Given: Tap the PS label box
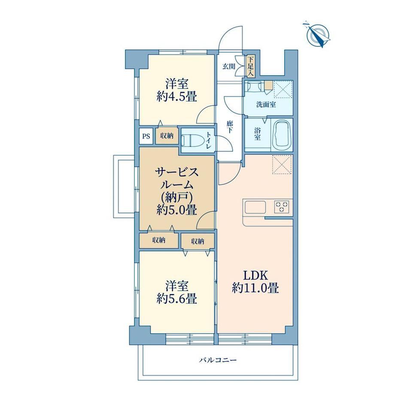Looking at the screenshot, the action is (x=146, y=136).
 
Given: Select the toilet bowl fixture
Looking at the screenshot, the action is (x=193, y=140).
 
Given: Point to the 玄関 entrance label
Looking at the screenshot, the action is (x=229, y=66).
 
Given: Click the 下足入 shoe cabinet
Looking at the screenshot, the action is (x=251, y=67).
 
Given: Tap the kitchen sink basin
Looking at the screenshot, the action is (x=255, y=207).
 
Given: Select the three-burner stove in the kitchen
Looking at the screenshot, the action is (x=282, y=207).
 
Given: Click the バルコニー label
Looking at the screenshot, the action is (x=218, y=360).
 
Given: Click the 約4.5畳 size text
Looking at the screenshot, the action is (x=176, y=97).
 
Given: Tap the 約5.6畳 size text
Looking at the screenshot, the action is (x=176, y=299).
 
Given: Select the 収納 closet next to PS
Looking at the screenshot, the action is (x=167, y=136).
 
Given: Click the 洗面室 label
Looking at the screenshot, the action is (x=266, y=104).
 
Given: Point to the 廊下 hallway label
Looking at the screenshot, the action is (x=230, y=127).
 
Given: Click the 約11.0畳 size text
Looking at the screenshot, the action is (x=255, y=288).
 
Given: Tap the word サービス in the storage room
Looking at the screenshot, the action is (x=176, y=173).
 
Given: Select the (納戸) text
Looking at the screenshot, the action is (x=176, y=198).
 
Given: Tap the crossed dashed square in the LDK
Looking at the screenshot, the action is (x=282, y=164).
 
